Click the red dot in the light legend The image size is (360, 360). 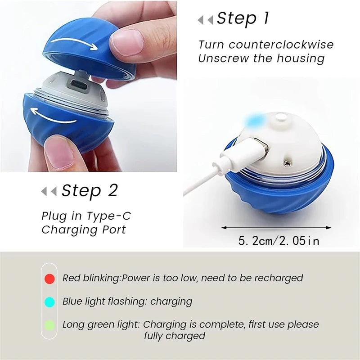(x=50, y=279)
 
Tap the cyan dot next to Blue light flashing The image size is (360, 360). (x=50, y=302)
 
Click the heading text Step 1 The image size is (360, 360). (x=243, y=18)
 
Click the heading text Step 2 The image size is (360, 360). (x=89, y=190)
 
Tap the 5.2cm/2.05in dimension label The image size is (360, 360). (x=279, y=241)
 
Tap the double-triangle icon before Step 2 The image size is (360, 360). (x=49, y=191)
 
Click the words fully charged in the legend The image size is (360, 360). (x=175, y=336)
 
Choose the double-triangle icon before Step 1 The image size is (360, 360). (x=205, y=19)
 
